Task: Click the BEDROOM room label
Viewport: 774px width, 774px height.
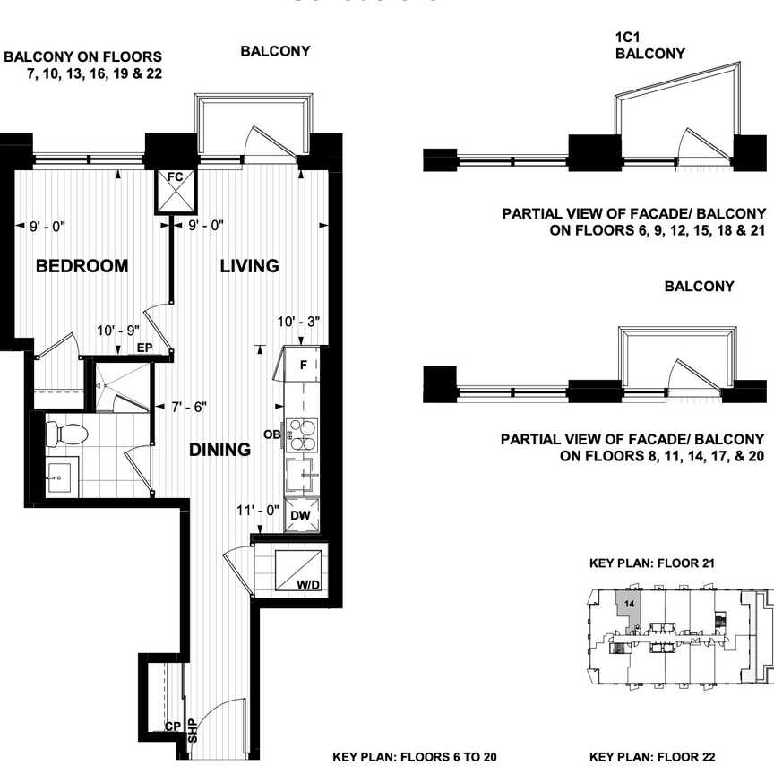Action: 82,266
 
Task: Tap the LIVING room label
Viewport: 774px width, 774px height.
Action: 250,266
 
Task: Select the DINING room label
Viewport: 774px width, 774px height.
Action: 219,450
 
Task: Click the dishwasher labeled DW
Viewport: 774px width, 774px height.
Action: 300,516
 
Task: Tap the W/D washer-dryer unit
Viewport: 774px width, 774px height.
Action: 299,572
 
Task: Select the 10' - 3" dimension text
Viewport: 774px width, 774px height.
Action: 298,321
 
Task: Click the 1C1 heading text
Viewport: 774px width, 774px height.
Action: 630,38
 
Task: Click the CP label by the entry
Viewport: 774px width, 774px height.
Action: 173,727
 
